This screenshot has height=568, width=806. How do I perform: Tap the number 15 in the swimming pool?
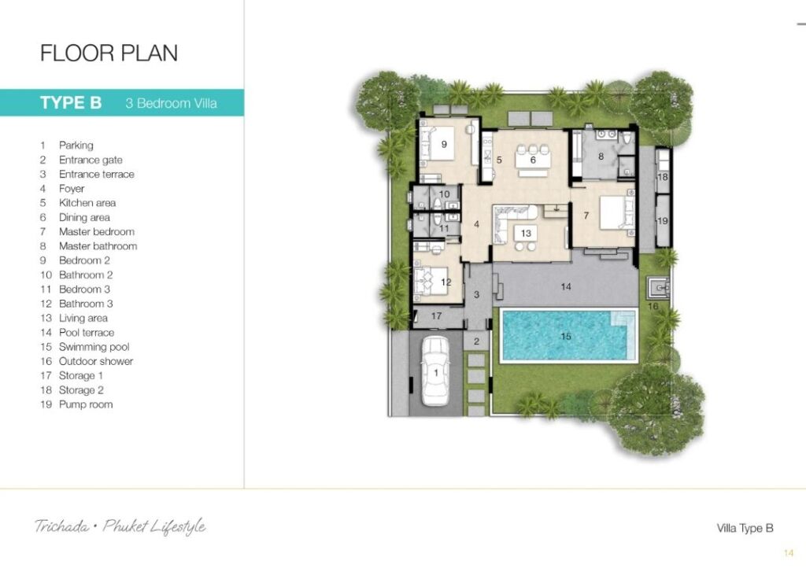coord(566,337)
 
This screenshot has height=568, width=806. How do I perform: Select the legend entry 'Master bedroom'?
coord(97,231)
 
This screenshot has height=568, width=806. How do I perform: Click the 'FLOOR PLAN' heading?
coord(109,53)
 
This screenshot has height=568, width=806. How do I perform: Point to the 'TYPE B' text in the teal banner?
coord(71,103)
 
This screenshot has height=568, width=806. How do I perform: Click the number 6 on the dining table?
coord(533,160)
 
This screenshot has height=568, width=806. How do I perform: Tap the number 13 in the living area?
coord(526,234)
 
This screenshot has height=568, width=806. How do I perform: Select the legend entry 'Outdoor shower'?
coord(95,361)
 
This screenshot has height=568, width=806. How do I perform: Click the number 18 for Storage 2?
coord(663,177)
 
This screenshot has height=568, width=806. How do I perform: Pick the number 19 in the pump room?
coord(663,221)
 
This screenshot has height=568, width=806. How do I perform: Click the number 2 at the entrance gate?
coord(476,341)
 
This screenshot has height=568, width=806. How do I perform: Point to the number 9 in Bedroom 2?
coord(444,144)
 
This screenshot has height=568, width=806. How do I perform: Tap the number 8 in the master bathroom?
coord(601,156)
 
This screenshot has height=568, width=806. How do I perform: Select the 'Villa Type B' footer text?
coord(745,528)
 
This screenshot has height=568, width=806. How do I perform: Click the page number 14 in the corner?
coord(789,553)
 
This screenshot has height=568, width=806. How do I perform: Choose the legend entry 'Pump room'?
coord(85,404)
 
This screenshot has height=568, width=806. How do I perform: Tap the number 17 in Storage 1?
coord(436,315)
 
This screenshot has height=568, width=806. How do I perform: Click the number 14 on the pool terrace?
coord(566,286)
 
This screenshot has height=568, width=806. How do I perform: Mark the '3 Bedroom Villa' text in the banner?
coord(171,103)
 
